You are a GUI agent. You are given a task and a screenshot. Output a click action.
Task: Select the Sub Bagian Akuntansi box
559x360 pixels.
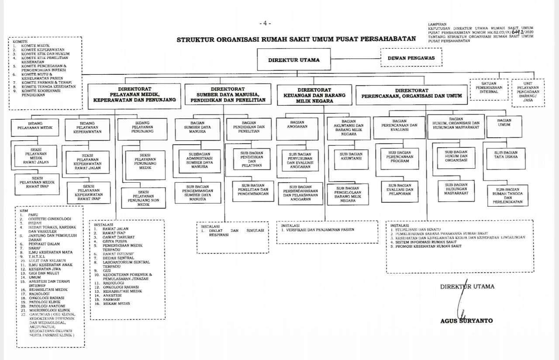[351, 156]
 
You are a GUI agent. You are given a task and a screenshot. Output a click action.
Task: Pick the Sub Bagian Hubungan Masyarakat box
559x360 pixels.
[456, 189]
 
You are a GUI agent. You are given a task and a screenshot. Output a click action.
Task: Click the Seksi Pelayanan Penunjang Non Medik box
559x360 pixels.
[143, 198]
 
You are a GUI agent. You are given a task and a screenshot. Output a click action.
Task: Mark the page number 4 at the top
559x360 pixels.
[265, 23]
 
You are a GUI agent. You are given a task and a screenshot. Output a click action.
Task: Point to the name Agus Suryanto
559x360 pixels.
[466, 321]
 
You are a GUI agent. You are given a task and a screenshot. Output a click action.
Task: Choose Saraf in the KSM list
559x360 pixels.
[35, 248]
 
